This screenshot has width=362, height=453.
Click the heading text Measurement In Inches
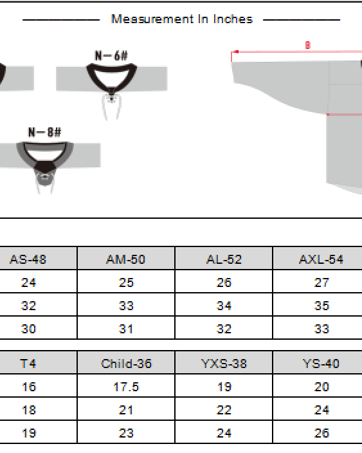click(x=181, y=19)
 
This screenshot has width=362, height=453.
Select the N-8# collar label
click(x=44, y=133)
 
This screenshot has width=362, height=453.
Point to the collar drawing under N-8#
click(x=44, y=160)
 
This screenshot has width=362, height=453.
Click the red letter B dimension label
click(x=307, y=46)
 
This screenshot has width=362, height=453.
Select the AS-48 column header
click(x=28, y=259)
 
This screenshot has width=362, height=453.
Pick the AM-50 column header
click(x=126, y=259)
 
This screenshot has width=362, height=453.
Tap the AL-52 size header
click(x=224, y=259)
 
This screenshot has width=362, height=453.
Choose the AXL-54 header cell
click(x=321, y=259)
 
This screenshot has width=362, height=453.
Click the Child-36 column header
click(x=126, y=364)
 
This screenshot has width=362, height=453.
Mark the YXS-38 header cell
click(x=224, y=364)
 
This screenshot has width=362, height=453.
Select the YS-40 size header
click(x=321, y=364)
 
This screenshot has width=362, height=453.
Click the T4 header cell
click(x=28, y=364)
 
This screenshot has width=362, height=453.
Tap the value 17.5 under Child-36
click(x=126, y=387)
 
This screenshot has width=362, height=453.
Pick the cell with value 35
click(x=321, y=306)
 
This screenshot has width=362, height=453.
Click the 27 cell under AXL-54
click(x=321, y=282)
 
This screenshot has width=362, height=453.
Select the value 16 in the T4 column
click(x=28, y=387)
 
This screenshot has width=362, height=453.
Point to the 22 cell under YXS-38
click(x=224, y=410)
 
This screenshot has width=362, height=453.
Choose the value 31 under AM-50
click(x=126, y=329)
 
